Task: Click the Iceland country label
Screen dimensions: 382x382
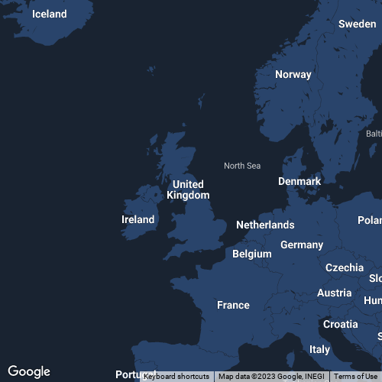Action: (x=49, y=14)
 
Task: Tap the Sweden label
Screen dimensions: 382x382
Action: (x=357, y=24)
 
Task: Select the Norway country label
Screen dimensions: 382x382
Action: (x=293, y=74)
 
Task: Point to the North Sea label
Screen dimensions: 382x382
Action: (x=242, y=166)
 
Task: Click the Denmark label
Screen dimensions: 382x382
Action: (x=299, y=181)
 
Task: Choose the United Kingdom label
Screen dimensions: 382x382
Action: (x=188, y=189)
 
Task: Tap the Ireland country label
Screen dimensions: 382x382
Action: (x=138, y=219)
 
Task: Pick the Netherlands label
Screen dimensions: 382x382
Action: (x=265, y=225)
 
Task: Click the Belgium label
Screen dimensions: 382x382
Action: (x=251, y=254)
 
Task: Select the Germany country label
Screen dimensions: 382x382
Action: (x=302, y=244)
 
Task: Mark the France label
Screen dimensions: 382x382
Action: (x=233, y=305)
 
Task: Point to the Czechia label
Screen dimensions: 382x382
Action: (x=345, y=267)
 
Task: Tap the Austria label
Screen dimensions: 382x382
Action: (x=334, y=293)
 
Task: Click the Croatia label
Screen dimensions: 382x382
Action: (x=340, y=324)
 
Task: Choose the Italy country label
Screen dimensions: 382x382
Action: (x=319, y=349)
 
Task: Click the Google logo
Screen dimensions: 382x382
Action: (x=29, y=371)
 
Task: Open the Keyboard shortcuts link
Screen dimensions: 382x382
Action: (x=176, y=377)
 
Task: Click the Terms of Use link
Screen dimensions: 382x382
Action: (x=355, y=377)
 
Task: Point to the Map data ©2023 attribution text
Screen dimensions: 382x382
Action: (x=271, y=377)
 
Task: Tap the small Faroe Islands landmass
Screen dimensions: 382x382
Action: (x=201, y=101)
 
